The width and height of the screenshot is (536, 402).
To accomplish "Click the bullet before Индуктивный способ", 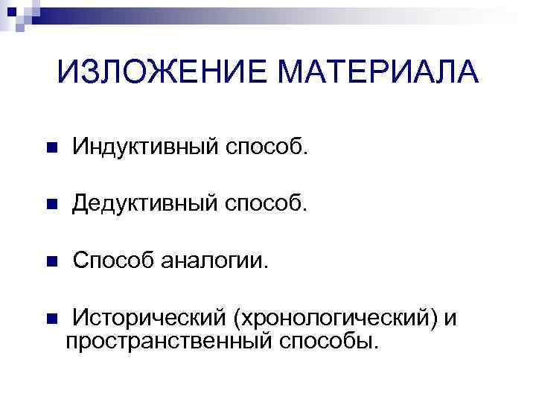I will click(51, 149).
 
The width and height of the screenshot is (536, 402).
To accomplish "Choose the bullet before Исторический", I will click(51, 319).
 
